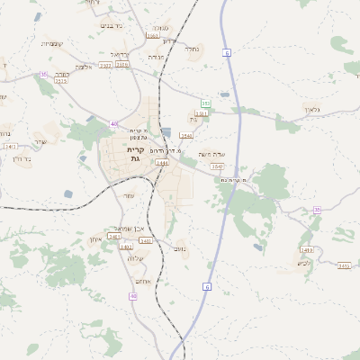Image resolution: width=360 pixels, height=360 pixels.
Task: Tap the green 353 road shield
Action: [x=206, y=103]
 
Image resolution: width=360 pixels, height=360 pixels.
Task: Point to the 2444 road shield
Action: [x=162, y=163]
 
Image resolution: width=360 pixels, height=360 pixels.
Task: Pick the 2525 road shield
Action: [x=61, y=81]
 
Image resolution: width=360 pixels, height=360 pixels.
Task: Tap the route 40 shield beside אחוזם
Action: [x=133, y=295]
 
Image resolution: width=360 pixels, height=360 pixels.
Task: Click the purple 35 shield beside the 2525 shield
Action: [x=43, y=75]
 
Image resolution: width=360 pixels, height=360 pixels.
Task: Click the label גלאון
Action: [x=312, y=109]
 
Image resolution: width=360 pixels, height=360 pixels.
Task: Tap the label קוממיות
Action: [x=52, y=42]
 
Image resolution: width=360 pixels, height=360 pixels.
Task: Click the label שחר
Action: [x=40, y=141]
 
